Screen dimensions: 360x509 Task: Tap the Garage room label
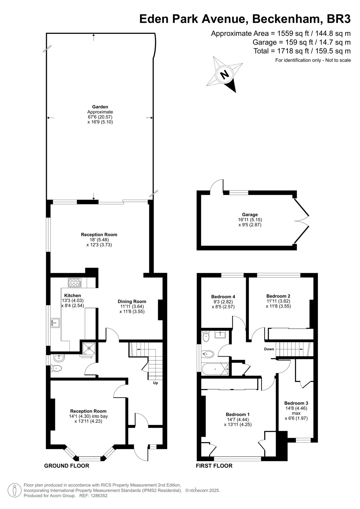250,214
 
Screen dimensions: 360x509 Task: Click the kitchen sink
55,323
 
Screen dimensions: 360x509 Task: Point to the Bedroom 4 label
223,296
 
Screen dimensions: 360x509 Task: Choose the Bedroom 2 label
279,296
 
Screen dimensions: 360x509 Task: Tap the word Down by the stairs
269,349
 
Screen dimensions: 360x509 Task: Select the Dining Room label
132,302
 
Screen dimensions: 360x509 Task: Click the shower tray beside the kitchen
89,348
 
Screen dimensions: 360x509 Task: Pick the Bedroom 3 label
296,403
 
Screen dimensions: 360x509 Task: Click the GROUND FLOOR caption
67,466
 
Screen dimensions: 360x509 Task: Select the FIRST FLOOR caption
214,466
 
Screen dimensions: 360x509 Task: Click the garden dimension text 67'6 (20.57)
100,117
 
